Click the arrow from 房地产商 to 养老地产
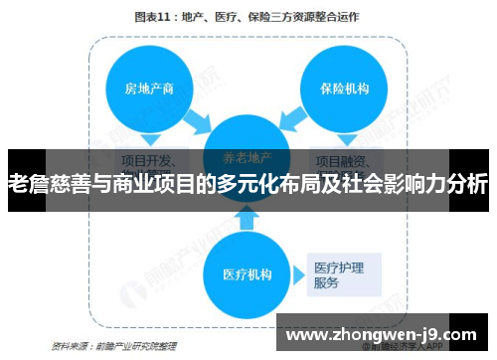[197, 120]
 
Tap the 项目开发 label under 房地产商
[150, 159]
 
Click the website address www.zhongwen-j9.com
[382, 333]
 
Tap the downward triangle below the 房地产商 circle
[150, 139]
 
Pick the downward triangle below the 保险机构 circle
[342, 139]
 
